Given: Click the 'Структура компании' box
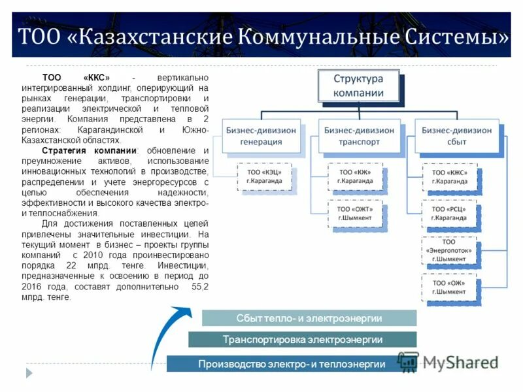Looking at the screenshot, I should (x=358, y=86).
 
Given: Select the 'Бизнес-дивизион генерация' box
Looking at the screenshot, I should (x=261, y=135).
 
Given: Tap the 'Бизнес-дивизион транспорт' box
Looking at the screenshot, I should (x=359, y=135).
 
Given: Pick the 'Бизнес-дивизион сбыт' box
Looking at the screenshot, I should (x=453, y=135).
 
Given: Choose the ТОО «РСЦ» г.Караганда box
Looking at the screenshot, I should (x=449, y=213).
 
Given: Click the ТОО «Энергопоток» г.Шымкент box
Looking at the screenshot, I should (x=449, y=250).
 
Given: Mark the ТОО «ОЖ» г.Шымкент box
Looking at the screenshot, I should (x=449, y=287).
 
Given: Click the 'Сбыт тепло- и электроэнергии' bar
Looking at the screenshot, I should (x=309, y=318).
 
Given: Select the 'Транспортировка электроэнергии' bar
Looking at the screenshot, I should (x=302, y=340).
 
